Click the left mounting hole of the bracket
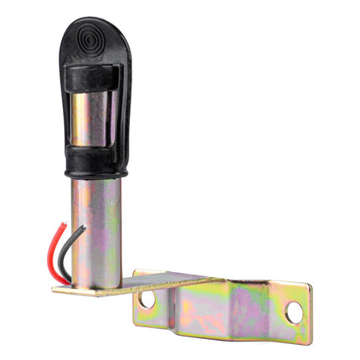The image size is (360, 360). click(x=147, y=298)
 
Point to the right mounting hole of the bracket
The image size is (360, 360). click(x=294, y=312)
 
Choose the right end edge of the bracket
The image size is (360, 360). click(x=308, y=314)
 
